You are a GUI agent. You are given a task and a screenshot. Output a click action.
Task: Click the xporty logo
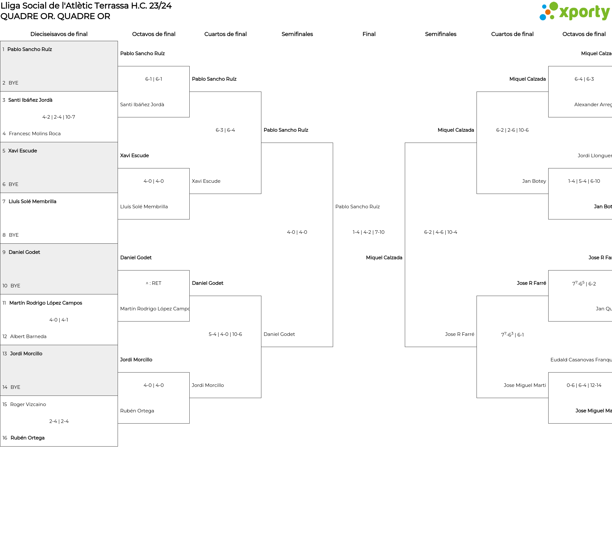pyautogui.click(x=574, y=12)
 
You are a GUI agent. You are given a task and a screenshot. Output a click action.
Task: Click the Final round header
pyautogui.click(x=369, y=34)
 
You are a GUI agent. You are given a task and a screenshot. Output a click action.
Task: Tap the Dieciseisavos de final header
pyautogui.click(x=59, y=34)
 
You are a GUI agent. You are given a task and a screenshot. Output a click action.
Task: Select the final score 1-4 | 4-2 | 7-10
pyautogui.click(x=368, y=232)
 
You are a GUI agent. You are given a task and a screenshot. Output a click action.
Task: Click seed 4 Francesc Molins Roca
pyautogui.click(x=34, y=134)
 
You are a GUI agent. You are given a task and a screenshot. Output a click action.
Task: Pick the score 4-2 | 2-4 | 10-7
pyautogui.click(x=59, y=117)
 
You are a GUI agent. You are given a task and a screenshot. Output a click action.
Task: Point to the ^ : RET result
pyautogui.click(x=154, y=283)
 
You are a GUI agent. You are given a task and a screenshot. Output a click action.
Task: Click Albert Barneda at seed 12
pyautogui.click(x=28, y=337)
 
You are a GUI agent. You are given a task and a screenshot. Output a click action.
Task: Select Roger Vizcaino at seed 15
pyautogui.click(x=28, y=404)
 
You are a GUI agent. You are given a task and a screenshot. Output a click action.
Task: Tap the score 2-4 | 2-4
pyautogui.click(x=59, y=421)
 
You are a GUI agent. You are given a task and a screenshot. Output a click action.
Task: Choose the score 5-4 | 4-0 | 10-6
pyautogui.click(x=225, y=334)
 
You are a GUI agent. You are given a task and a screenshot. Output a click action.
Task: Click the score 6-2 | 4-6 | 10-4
pyautogui.click(x=441, y=232)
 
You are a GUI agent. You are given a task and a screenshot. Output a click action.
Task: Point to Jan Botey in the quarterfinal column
pyautogui.click(x=534, y=181)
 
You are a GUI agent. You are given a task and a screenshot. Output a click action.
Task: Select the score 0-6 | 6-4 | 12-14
pyautogui.click(x=584, y=385)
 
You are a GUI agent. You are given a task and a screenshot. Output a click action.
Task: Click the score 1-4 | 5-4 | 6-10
pyautogui.click(x=584, y=181)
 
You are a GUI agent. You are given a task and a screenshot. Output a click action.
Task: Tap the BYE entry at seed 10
pyautogui.click(x=15, y=286)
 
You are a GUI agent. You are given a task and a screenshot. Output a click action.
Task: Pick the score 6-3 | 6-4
pyautogui.click(x=225, y=130)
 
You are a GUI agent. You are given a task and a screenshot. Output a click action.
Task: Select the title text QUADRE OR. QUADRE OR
pyautogui.click(x=55, y=16)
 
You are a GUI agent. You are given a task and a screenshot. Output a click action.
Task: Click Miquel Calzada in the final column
pyautogui.click(x=384, y=258)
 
